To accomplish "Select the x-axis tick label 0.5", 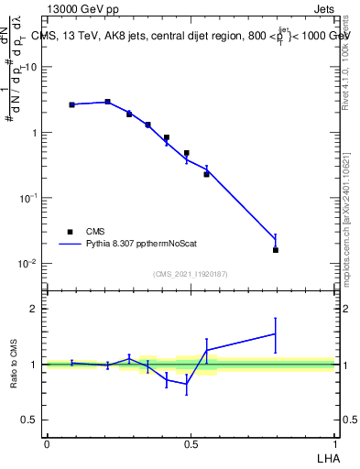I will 190,443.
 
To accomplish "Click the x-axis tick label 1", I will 334,443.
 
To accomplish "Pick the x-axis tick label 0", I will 46,443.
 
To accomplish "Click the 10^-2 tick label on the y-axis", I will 27,264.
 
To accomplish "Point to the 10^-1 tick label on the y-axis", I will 27,198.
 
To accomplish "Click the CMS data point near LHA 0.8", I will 276,250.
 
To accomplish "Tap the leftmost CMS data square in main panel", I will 71,104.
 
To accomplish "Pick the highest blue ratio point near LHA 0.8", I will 276,333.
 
